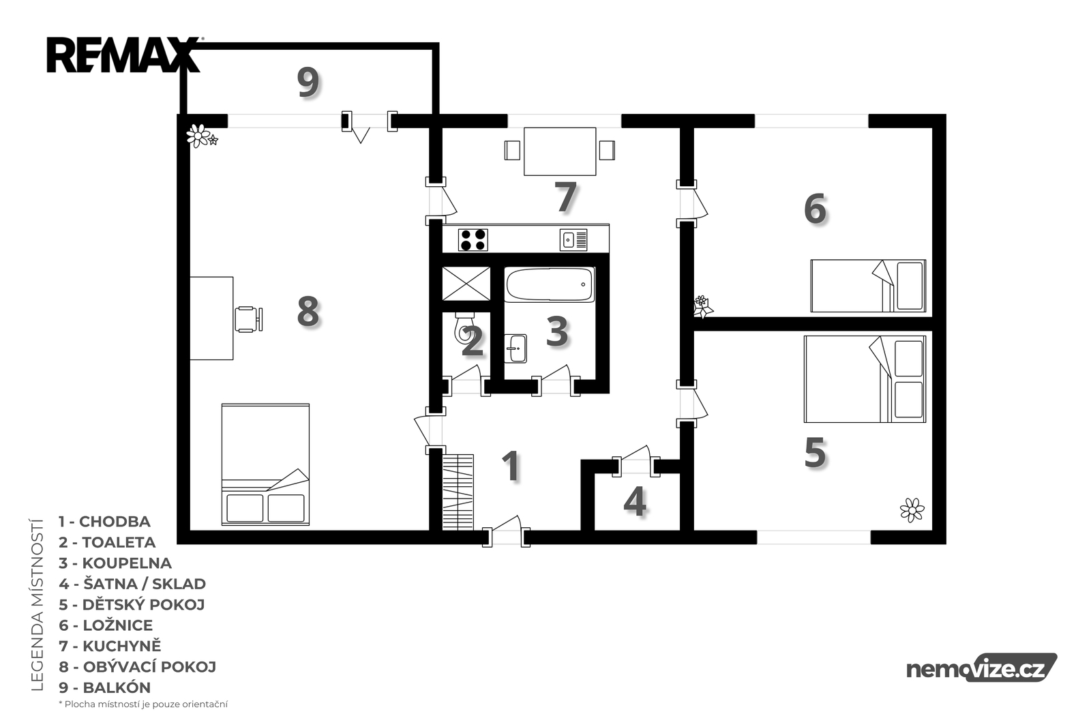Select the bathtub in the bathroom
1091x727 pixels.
coord(550,284)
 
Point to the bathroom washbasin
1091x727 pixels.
coord(515,348)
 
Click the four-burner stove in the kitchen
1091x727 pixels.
coord(473,239)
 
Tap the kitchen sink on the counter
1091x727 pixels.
coord(573,240)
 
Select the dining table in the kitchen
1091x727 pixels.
coord(560,151)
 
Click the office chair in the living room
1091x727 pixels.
coord(249,319)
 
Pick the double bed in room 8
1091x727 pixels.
coord(265,464)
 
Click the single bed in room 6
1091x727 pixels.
coord(868,286)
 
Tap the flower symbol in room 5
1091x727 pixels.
coord(912,509)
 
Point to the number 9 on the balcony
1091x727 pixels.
coord(308,82)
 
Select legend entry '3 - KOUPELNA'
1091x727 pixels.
coord(115,563)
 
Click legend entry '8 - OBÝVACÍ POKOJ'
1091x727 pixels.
coord(137,666)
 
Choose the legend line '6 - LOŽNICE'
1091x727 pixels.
coord(106,625)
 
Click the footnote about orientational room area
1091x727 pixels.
coord(143,704)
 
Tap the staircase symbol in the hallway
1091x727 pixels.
coord(458,492)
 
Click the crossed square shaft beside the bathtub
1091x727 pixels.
coord(466,284)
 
